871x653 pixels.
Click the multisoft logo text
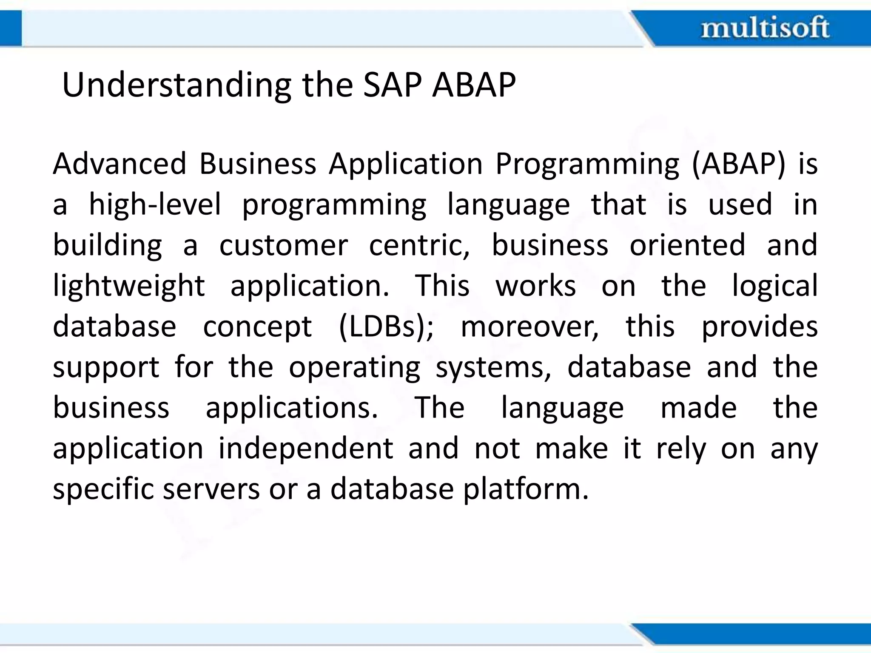click(765, 28)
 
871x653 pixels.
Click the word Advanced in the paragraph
click(120, 164)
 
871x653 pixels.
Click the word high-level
click(155, 205)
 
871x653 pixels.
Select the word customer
click(284, 245)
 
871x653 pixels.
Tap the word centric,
click(419, 245)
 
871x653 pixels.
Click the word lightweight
click(129, 286)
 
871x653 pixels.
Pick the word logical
click(774, 286)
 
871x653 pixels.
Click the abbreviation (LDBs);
click(386, 327)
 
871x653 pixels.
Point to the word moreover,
click(529, 327)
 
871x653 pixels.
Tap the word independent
click(306, 449)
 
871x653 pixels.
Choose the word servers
click(211, 489)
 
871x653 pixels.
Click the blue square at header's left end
click(10, 28)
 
